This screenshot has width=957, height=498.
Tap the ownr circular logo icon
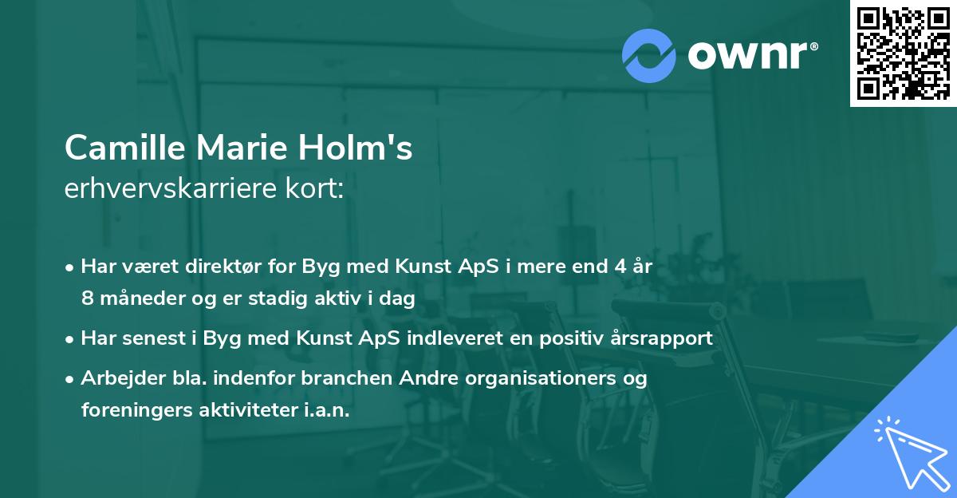[x=649, y=55]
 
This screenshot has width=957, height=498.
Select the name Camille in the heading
[x=125, y=148]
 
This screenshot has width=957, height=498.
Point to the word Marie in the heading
[x=246, y=148]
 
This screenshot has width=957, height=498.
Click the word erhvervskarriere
[x=167, y=189]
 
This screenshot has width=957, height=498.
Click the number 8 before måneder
[x=88, y=299]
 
